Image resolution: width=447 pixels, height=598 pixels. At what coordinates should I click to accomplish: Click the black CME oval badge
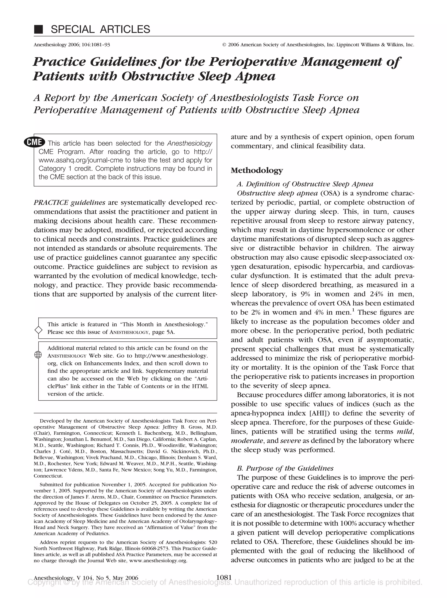click(34, 142)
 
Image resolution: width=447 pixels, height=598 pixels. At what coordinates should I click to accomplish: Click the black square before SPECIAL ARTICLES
click(38, 29)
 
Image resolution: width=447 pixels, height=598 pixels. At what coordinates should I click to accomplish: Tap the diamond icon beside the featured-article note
click(39, 330)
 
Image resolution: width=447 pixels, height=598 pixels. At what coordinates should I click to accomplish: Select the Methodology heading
click(257, 170)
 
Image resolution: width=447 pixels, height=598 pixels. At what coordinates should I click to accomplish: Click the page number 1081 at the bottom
click(224, 578)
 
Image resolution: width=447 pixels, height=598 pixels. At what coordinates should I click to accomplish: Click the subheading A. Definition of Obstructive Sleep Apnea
click(305, 184)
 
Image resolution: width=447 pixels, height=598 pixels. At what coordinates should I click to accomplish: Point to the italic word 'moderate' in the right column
click(247, 441)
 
